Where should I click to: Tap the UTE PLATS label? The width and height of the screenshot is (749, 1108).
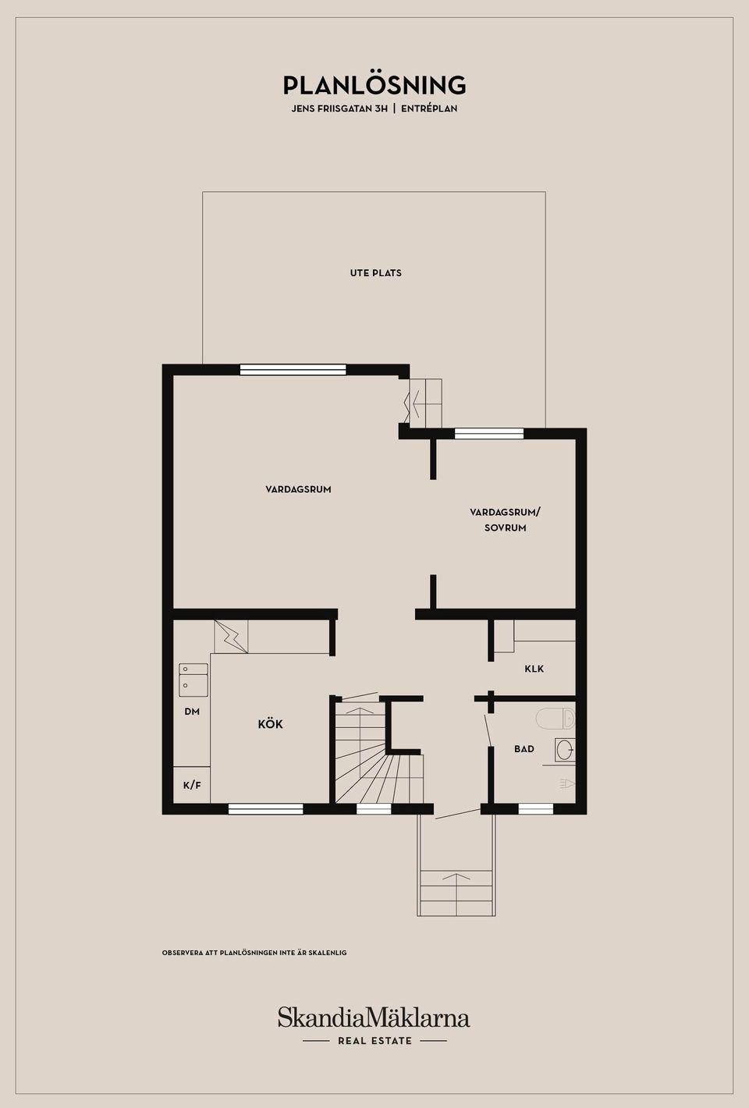[375, 273]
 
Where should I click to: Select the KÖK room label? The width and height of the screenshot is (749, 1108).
[270, 724]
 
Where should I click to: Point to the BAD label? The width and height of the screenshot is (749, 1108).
[524, 749]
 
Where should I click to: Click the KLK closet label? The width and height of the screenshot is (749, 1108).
[534, 669]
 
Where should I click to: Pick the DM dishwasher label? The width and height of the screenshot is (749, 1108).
[192, 712]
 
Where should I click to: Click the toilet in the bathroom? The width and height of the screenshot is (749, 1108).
[556, 718]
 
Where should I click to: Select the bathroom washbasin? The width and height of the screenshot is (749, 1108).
[564, 750]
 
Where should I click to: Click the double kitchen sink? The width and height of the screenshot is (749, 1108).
[193, 680]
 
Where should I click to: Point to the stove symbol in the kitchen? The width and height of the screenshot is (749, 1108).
[231, 637]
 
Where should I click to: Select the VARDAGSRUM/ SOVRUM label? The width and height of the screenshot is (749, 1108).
[505, 520]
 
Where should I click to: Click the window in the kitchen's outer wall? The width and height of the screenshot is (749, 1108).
[266, 809]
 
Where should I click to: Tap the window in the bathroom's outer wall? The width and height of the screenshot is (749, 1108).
[536, 809]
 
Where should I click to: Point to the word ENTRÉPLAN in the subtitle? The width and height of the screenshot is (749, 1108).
[429, 108]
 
